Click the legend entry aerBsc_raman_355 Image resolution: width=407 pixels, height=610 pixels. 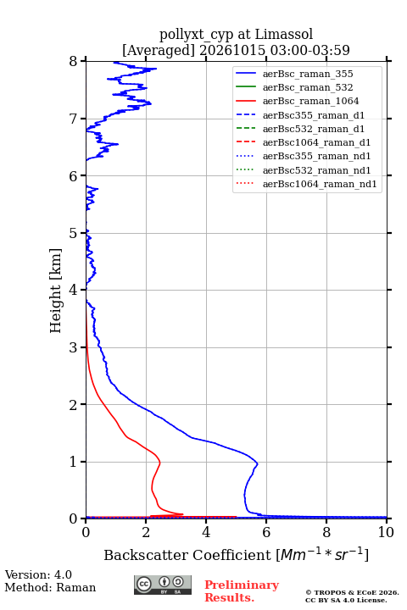tap(308, 74)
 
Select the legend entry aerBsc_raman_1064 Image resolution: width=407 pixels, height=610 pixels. tap(311, 101)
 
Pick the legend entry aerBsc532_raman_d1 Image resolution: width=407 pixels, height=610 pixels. tap(314, 129)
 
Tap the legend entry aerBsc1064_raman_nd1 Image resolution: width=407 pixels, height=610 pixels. tap(320, 184)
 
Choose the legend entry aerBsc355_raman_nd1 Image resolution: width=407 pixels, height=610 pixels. tap(316, 157)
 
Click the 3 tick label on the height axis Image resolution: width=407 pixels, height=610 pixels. tap(73, 347)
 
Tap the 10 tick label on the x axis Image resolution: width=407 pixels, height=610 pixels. tap(386, 532)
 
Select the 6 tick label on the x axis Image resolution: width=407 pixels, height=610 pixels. tap(266, 532)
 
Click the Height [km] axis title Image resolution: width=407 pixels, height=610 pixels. tap(55, 291)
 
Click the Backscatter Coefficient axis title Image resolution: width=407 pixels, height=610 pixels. tap(236, 554)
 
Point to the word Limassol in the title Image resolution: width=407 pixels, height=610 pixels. tap(284, 34)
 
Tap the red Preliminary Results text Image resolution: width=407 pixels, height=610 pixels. tap(242, 591)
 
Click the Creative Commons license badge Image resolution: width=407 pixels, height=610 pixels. tap(163, 585)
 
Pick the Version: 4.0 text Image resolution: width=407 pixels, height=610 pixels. tap(38, 574)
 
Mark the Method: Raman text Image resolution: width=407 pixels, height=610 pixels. tap(50, 587)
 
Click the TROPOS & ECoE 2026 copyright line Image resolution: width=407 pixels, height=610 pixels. tap(352, 592)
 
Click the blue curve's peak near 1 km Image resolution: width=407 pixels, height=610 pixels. tap(258, 463)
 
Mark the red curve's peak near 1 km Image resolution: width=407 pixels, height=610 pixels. tap(159, 463)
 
